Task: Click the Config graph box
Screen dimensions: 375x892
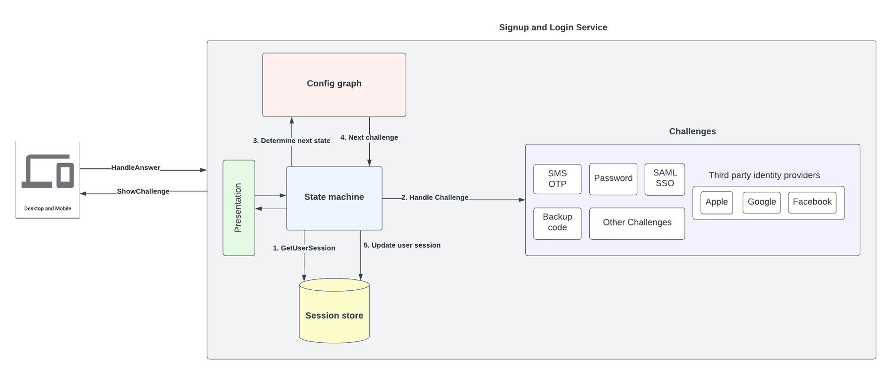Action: click(x=334, y=85)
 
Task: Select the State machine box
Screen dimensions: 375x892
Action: click(x=334, y=198)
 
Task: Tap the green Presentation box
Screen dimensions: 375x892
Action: click(x=239, y=208)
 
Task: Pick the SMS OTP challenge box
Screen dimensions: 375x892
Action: click(x=557, y=179)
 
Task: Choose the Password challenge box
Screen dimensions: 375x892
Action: click(x=613, y=179)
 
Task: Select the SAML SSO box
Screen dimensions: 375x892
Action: click(x=665, y=179)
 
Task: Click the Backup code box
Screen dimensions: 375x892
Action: click(x=557, y=223)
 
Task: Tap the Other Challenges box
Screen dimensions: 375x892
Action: click(x=637, y=223)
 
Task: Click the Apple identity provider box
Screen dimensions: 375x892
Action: click(x=717, y=203)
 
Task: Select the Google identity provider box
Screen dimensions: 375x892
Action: click(x=762, y=203)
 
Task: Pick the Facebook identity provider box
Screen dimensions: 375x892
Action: click(x=812, y=203)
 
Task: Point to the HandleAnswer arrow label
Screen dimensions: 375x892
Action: click(x=135, y=168)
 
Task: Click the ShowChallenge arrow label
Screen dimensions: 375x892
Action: click(x=143, y=192)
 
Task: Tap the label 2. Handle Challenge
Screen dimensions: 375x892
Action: click(x=435, y=198)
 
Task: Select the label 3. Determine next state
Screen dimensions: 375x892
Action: click(x=291, y=141)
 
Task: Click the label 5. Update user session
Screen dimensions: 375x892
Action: click(x=402, y=245)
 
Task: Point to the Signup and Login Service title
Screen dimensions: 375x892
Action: click(x=553, y=28)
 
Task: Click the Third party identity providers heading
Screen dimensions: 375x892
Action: click(x=764, y=175)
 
